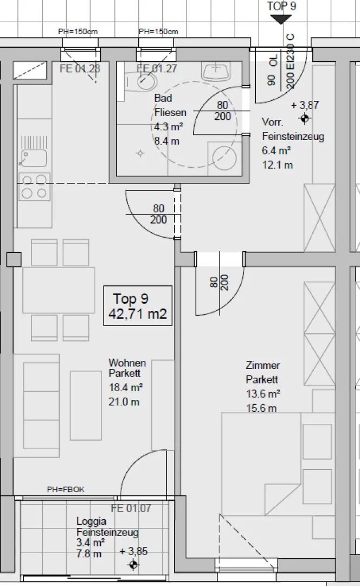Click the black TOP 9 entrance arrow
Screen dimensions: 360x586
tap(280, 20)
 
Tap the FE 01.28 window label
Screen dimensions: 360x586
tap(80, 68)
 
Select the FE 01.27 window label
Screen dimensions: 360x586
tap(157, 68)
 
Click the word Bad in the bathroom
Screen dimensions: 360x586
tap(163, 98)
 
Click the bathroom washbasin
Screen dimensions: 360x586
tap(216, 71)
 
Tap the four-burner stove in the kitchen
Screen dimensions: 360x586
tap(34, 187)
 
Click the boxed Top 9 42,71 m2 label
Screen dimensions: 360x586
tap(138, 305)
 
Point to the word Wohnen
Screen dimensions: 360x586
tap(127, 363)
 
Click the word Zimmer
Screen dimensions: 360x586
tap(263, 365)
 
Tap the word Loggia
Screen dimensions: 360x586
tap(91, 521)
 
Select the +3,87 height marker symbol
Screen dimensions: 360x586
tap(305, 119)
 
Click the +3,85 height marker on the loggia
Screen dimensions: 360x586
tap(133, 564)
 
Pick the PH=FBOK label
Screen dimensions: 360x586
tap(66, 489)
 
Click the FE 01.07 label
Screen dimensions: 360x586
tap(131, 508)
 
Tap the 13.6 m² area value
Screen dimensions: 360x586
tap(263, 393)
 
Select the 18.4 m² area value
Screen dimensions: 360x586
tap(125, 387)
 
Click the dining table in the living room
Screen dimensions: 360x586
tap(59, 290)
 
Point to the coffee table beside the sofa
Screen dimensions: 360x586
tap(86, 405)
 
